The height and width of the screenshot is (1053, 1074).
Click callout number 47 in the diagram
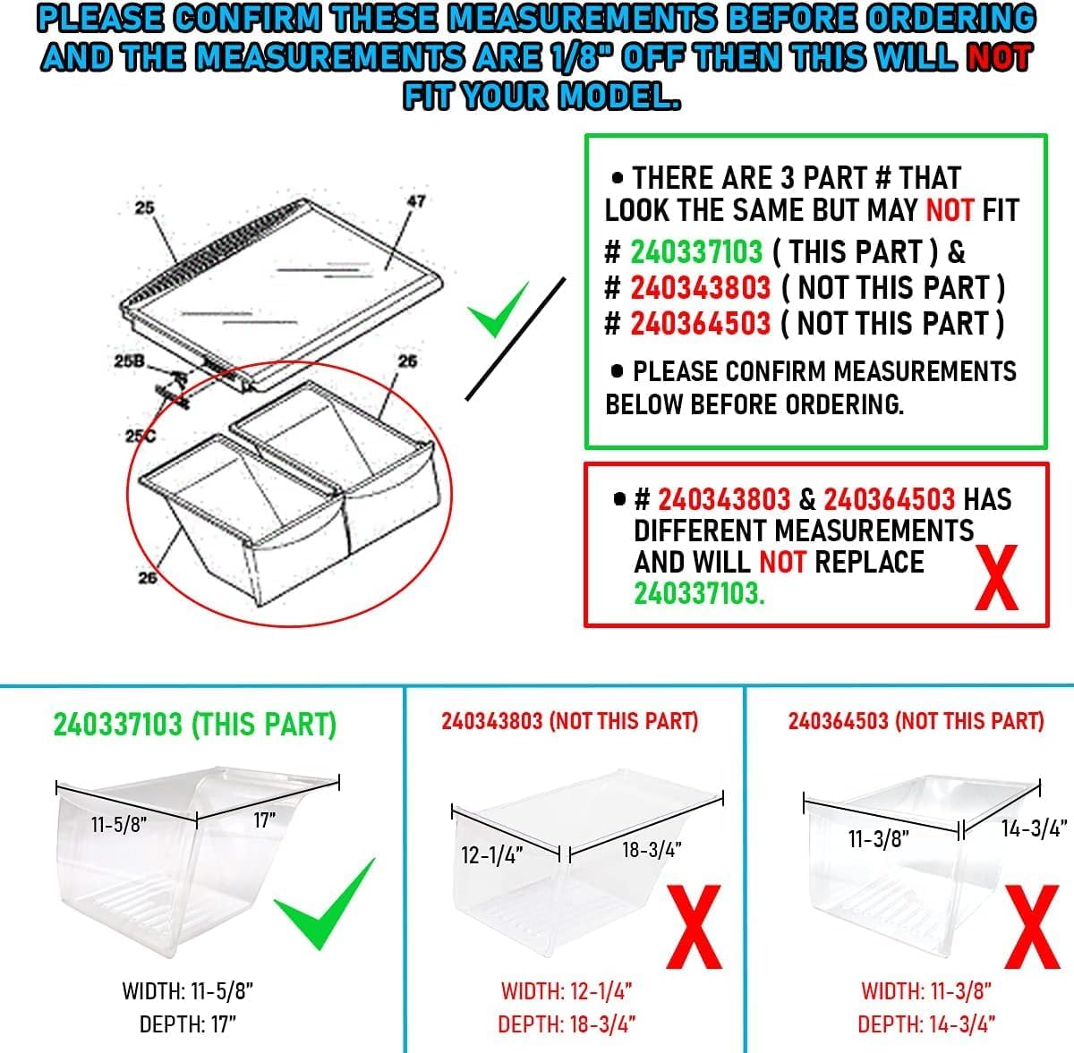pos(416,201)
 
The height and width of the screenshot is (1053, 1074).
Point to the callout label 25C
pos(134,436)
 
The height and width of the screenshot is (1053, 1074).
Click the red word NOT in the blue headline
pos(998,57)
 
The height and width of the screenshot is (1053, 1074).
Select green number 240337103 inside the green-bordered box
pos(696,252)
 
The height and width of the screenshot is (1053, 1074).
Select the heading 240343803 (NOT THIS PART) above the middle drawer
pos(569,721)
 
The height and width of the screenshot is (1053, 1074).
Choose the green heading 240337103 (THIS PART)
pos(194,724)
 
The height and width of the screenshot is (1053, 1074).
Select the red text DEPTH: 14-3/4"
pos(926,1024)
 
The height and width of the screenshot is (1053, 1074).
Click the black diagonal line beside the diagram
pos(516,338)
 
